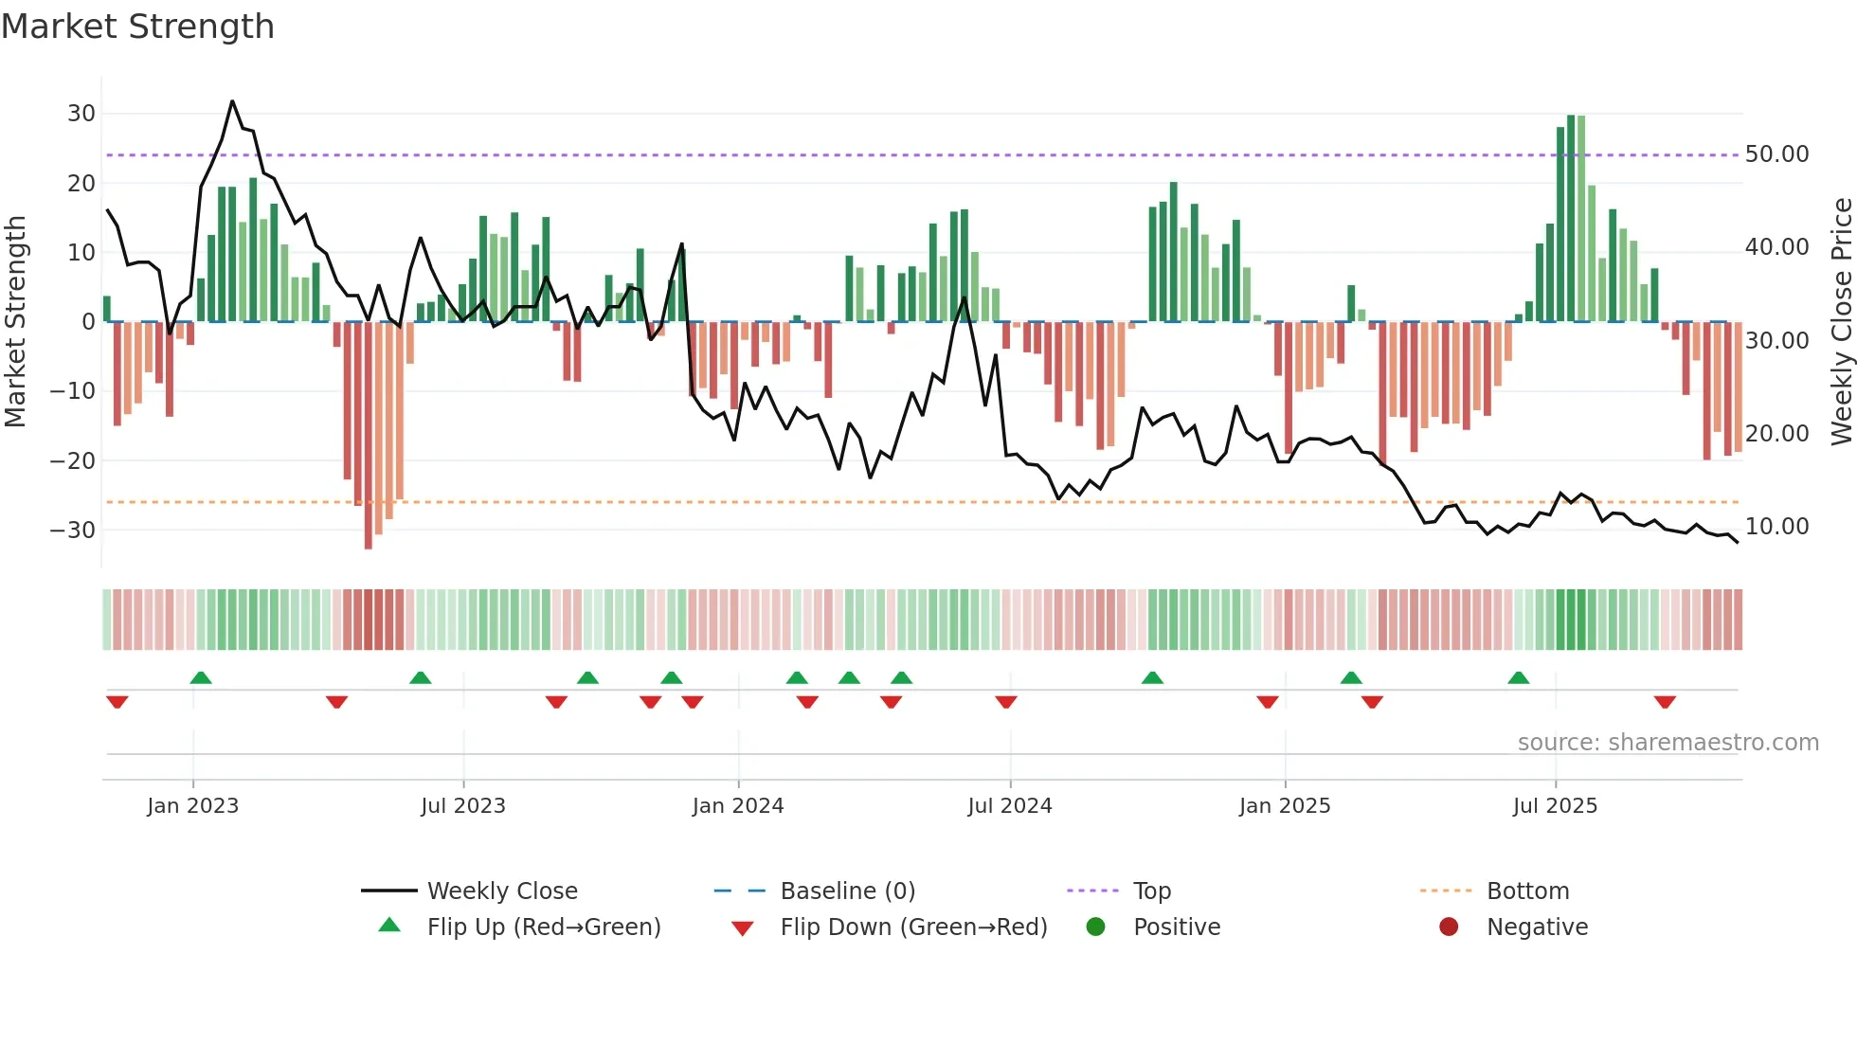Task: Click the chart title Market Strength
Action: (x=137, y=27)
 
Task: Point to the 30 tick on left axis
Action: (x=81, y=114)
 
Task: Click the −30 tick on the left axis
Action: (x=73, y=530)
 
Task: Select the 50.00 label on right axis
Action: (x=1776, y=154)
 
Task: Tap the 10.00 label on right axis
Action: (x=1776, y=527)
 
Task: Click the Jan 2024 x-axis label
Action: (x=738, y=806)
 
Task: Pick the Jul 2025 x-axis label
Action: (x=1555, y=806)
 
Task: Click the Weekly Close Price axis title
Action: (x=1841, y=322)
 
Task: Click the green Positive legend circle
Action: (x=1096, y=927)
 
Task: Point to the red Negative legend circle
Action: (x=1449, y=927)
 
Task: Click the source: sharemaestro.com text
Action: (x=1668, y=743)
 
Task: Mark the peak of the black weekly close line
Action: (x=232, y=101)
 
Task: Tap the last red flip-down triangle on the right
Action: (x=1665, y=702)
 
